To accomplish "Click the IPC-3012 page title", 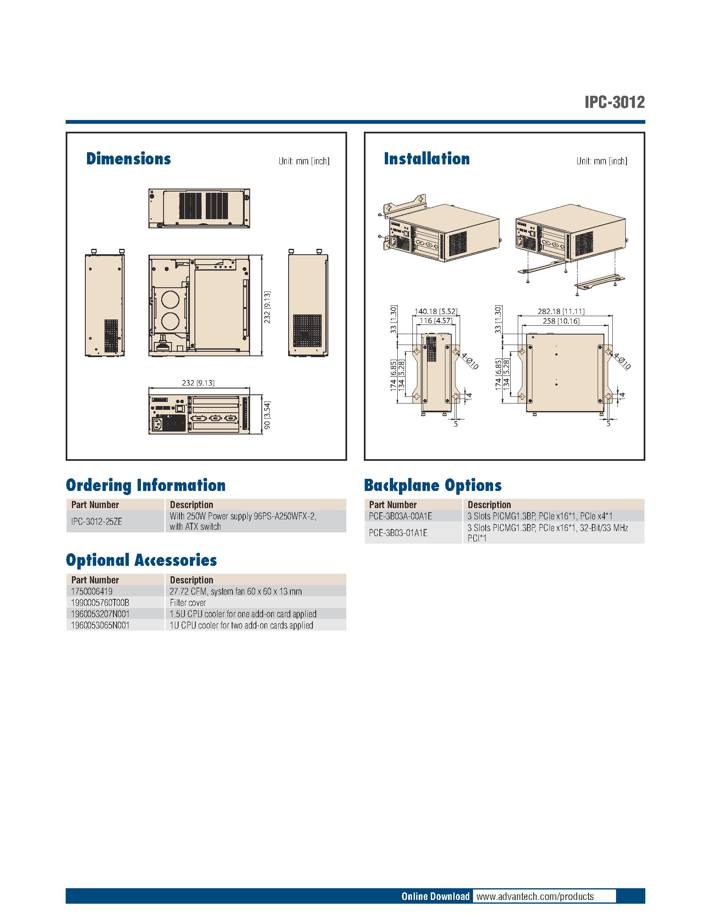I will pos(614,102).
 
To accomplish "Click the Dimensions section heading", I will pos(128,159).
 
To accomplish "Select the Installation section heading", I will pos(426,159).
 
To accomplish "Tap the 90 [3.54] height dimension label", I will pos(267,416).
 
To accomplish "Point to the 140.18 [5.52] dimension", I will pos(435,312).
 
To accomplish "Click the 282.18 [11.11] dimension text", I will pos(560,312).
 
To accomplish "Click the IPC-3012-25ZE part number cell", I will pos(97,521).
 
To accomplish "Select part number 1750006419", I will pos(92,591).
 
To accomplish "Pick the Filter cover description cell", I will pos(188,603).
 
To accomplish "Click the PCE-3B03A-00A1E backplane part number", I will pos(400,516).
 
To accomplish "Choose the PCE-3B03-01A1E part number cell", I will pos(398,533).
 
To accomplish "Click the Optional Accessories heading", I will pos(141,560).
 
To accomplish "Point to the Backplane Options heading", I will pos(432,485).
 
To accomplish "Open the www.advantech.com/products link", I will pos(535,896).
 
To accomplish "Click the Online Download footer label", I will pos(435,896).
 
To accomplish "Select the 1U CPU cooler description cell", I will pos(241,626).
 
